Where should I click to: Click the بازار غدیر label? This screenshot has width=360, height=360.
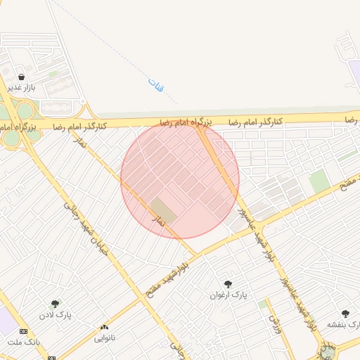coord(21,87)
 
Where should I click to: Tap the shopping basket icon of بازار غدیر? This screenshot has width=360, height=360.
coord(22,77)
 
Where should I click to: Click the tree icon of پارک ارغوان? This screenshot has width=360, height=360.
coord(228,284)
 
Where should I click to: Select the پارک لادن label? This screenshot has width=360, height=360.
coord(56,314)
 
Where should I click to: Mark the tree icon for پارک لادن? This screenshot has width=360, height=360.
coord(56,304)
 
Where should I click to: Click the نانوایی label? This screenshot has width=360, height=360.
coord(105,337)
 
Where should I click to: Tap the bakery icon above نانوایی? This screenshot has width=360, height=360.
coord(105,328)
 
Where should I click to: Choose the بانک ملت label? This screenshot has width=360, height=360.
coord(25,342)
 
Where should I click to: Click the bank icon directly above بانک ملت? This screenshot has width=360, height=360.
coord(24,331)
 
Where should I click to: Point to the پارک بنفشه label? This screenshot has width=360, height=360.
coord(343,325)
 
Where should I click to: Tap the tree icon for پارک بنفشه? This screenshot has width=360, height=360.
coord(345,314)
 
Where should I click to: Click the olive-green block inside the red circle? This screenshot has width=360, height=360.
coord(163,210)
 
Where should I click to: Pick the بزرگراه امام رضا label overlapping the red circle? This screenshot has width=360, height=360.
coord(186,122)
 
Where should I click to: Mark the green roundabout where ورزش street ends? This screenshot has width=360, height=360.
coord(327,352)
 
